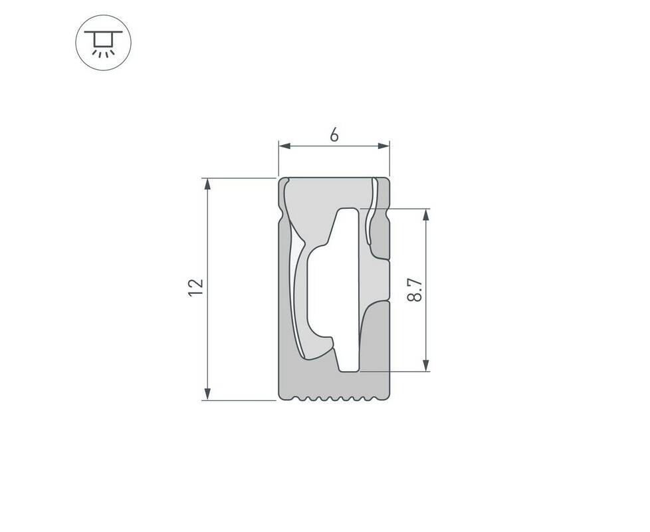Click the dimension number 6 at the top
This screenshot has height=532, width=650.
tap(334, 135)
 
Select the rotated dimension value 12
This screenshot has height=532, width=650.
tap(195, 288)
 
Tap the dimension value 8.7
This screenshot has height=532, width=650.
tap(415, 290)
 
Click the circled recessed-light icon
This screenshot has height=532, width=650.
tap(103, 43)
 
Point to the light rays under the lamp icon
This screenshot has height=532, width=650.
tap(103, 53)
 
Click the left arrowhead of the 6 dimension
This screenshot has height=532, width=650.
tap(284, 146)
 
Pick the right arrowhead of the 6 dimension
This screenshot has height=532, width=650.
tap(384, 146)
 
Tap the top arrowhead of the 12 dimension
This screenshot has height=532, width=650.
tap(207, 184)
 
